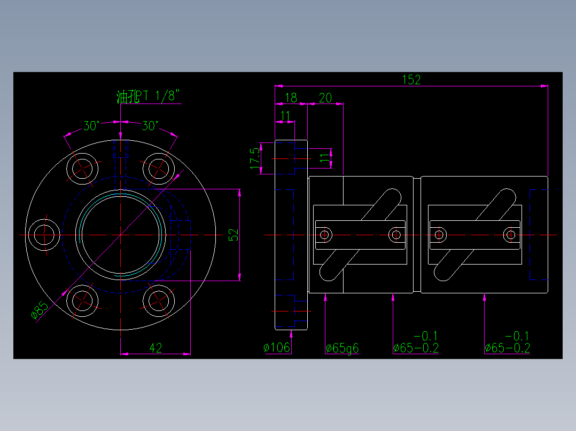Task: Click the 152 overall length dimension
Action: coord(411,79)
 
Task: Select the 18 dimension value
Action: coord(291,97)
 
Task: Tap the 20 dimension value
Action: coord(325,97)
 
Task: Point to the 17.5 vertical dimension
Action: coord(255,157)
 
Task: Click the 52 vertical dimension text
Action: coord(233,235)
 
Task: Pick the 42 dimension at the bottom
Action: coord(155,348)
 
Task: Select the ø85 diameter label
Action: coord(40,311)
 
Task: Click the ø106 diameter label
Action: coord(277,348)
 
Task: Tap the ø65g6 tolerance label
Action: coord(342,348)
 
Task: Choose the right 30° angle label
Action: coord(150,126)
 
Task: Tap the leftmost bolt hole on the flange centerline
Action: coord(44,235)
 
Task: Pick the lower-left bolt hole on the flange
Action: coord(83,301)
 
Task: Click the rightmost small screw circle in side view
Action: coord(510,234)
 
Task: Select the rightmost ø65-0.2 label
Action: coord(507,348)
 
